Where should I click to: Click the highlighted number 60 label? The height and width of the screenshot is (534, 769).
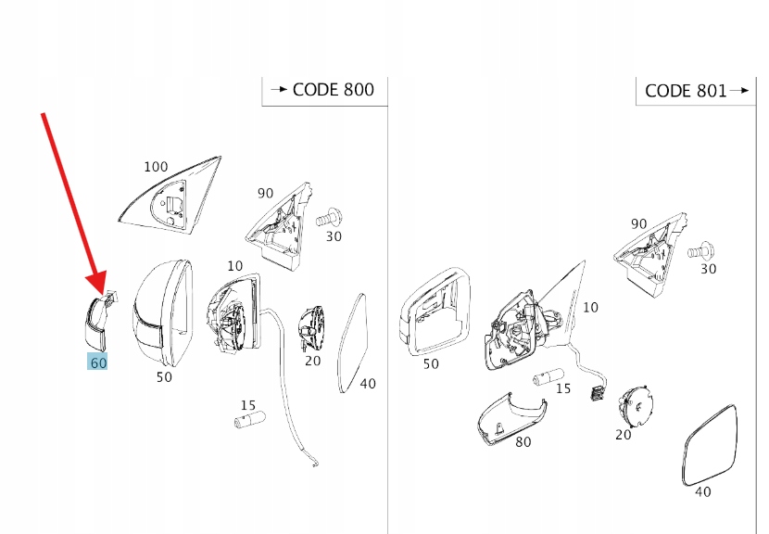(x=97, y=362)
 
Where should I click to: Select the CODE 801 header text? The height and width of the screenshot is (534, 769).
(x=686, y=90)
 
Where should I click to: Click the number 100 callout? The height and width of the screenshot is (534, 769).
(x=156, y=167)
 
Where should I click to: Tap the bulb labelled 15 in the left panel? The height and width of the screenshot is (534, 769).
(x=249, y=420)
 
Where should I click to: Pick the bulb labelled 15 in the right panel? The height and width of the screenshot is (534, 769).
(x=547, y=377)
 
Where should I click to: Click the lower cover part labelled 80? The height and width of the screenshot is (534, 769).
(x=504, y=417)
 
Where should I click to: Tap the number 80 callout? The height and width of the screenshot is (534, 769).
(x=523, y=442)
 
